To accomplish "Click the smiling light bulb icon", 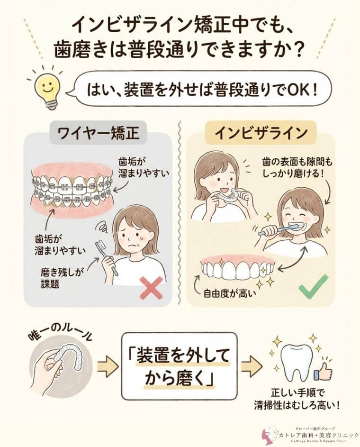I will (x=46, y=88).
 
